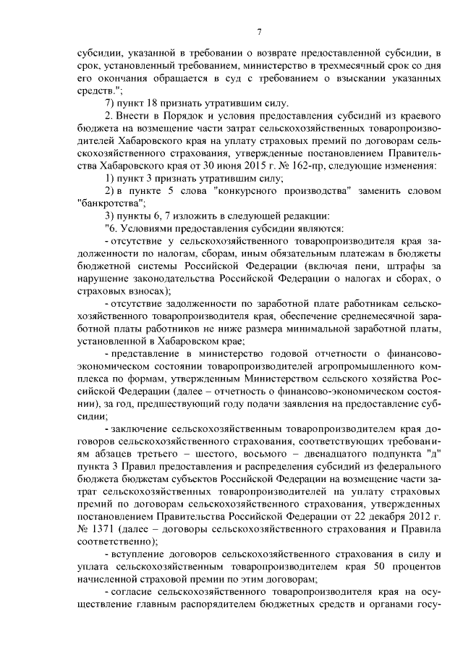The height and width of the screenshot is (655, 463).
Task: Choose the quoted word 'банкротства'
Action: pyautogui.click(x=109, y=203)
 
